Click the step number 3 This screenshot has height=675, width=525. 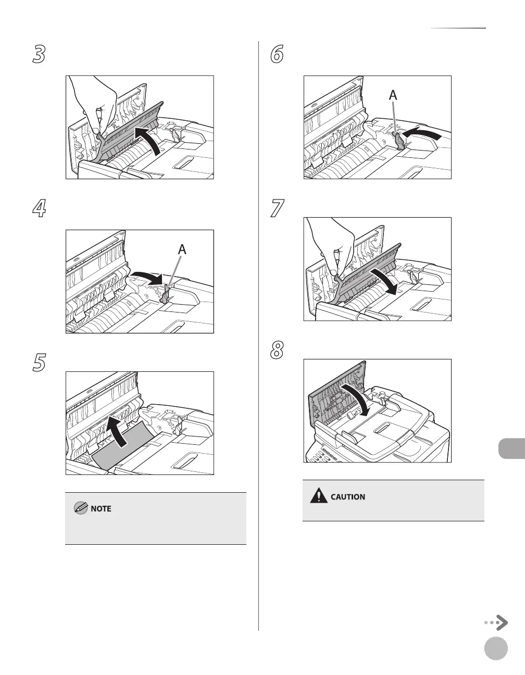[39, 54]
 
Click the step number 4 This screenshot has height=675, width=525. [39, 208]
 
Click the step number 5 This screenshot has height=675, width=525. [39, 362]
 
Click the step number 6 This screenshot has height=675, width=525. [277, 54]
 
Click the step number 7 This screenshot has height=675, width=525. [277, 208]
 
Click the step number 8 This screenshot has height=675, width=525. [277, 350]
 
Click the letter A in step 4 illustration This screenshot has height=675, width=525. [182, 249]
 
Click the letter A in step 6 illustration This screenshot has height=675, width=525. [393, 95]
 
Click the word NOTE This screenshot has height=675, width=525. [101, 508]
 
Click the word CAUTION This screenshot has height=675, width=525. [348, 497]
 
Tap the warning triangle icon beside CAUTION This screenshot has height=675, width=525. [318, 496]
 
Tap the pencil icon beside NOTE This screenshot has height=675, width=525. [81, 508]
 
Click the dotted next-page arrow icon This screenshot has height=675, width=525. [496, 622]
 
